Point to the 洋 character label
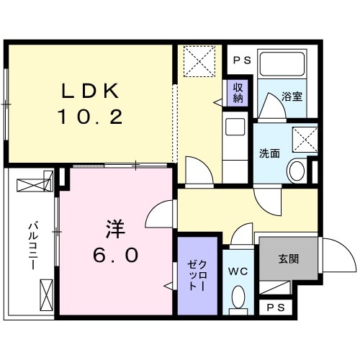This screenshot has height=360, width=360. [x=114, y=230]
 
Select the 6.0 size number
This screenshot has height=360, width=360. [x=115, y=255]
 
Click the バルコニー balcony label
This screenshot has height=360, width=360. [x=32, y=245]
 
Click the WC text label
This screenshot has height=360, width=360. [x=238, y=271]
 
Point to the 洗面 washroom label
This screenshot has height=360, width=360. [x=270, y=152]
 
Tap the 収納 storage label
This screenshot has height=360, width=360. [x=237, y=92]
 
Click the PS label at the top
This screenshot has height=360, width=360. [x=242, y=60]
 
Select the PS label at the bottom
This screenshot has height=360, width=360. [x=275, y=307]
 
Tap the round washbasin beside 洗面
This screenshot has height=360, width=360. [x=295, y=171]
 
